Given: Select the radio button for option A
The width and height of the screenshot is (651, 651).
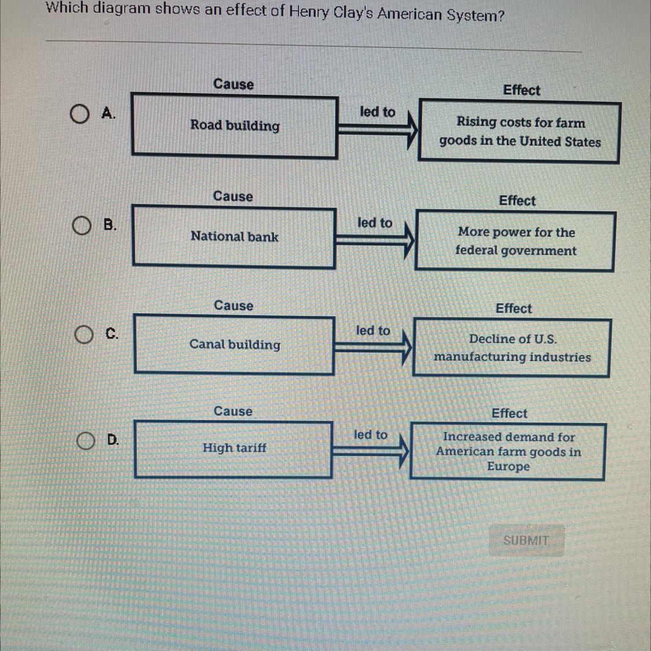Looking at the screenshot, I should point(80,114).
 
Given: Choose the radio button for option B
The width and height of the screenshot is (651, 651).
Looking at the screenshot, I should point(82,226).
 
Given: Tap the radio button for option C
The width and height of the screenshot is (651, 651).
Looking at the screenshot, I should point(84,334).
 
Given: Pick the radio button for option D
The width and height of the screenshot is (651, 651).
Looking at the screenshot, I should point(86,441).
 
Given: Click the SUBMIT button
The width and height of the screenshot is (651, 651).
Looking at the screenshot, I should point(525,540).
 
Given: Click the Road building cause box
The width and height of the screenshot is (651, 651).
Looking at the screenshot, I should point(234,127).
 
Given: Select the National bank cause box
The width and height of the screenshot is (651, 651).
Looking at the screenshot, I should point(234,237).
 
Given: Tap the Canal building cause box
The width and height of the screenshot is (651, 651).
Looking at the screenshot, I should point(234,345).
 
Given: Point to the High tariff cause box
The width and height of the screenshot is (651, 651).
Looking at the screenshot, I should point(233,450).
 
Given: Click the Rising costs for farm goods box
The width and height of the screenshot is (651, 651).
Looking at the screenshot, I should point(520,133).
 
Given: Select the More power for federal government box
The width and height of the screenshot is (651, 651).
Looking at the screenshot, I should point(515,241).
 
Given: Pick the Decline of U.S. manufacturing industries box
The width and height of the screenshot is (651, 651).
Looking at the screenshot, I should point(512,348).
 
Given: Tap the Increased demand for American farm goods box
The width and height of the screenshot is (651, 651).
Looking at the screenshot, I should point(508,452).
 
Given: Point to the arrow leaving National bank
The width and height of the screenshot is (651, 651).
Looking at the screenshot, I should point(375,238).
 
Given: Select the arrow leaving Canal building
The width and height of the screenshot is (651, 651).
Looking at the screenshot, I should point(373,347).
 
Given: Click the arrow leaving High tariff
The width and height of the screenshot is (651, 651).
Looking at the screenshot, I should point(371,450).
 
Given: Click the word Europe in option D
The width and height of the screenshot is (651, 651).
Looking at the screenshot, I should point(508,466).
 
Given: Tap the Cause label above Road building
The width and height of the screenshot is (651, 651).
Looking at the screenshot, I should point(233,84).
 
